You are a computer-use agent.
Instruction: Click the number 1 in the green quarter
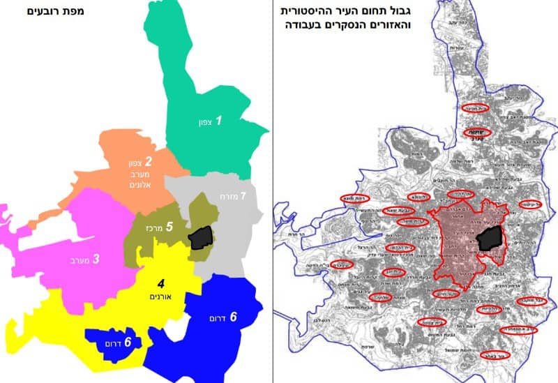pos(218,121)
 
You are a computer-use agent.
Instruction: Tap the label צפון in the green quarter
pos(202,122)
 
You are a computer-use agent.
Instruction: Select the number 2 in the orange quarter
pos(148,163)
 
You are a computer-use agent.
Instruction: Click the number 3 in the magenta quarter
pos(96,259)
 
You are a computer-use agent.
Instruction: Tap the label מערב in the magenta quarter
pos(79,260)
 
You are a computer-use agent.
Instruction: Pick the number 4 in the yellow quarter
pos(160,283)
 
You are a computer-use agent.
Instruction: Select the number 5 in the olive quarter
pos(169,226)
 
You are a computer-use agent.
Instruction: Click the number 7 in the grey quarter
pos(243,196)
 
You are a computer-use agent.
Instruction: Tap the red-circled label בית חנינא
pos(476,108)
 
